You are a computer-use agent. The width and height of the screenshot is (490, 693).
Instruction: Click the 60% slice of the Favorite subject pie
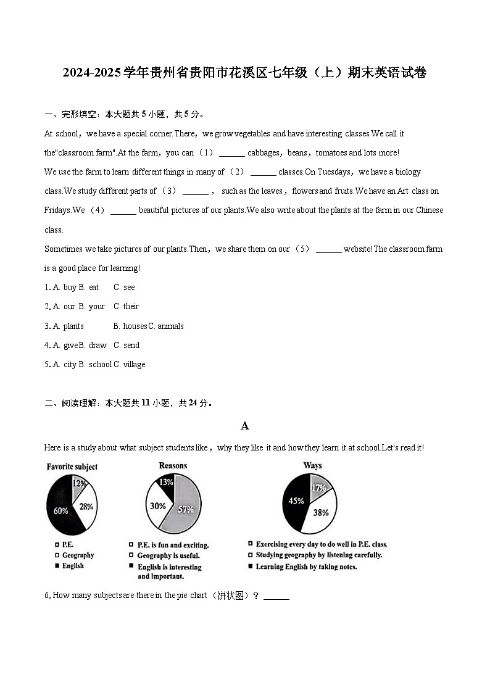[59, 511]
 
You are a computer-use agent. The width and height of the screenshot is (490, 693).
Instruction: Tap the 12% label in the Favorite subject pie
[79, 484]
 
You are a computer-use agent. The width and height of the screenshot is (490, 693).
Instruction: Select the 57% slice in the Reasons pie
[186, 508]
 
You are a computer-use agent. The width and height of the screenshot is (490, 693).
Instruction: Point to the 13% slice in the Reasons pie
[166, 482]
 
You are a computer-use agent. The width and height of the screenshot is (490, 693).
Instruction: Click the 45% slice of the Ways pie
[296, 500]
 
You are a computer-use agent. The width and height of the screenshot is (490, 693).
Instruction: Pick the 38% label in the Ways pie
[320, 512]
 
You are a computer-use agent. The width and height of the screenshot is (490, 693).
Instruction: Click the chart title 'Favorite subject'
[72, 467]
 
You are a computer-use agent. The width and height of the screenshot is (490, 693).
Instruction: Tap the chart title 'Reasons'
[173, 465]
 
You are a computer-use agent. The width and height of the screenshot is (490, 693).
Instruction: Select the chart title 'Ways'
[312, 465]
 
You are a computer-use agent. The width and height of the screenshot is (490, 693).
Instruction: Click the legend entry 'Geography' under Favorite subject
[78, 555]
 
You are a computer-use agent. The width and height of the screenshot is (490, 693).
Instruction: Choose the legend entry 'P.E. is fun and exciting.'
[173, 546]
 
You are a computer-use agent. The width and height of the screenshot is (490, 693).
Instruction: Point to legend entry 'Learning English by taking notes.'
[306, 566]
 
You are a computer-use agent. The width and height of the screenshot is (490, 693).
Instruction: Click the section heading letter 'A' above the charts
[245, 426]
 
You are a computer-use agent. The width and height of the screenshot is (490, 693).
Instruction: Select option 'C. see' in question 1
[124, 287]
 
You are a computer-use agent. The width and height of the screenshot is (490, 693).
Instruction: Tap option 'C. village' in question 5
[130, 364]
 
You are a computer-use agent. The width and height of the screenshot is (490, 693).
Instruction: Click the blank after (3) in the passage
[196, 192]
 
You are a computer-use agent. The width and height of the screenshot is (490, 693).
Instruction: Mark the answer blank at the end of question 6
[276, 596]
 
